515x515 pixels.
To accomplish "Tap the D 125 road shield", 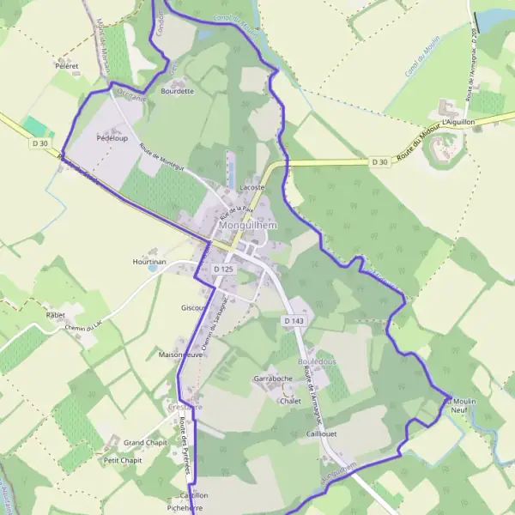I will pyautogui.click(x=223, y=269).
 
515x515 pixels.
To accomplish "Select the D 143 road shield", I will pyautogui.click(x=294, y=320).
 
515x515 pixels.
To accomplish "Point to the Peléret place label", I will pyautogui.click(x=66, y=65).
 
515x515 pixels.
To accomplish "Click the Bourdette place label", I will pyautogui.click(x=178, y=90).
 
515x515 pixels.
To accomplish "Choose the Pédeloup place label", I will pyautogui.click(x=112, y=137).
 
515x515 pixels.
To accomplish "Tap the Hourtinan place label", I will pyautogui.click(x=148, y=260).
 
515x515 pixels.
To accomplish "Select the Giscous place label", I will pyautogui.click(x=193, y=307).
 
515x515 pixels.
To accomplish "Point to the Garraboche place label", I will pyautogui.click(x=274, y=379).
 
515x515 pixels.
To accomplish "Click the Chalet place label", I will pyautogui.click(x=290, y=400).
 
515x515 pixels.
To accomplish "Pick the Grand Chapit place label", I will pyautogui.click(x=144, y=443).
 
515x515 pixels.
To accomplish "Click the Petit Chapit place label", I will pyautogui.click(x=122, y=460).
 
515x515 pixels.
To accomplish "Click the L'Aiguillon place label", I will pyautogui.click(x=458, y=123).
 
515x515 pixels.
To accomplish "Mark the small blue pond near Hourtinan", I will pyautogui.click(x=152, y=268).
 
